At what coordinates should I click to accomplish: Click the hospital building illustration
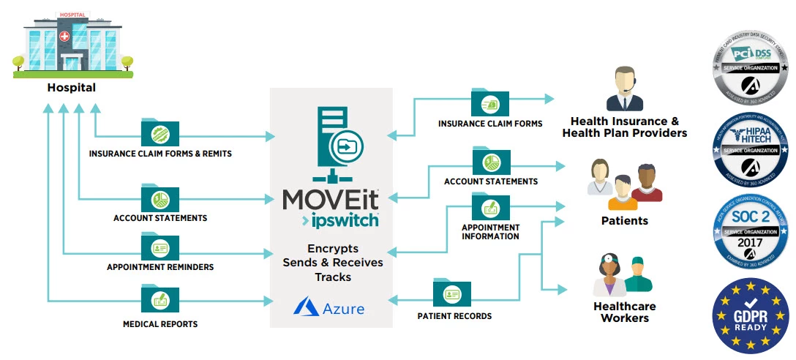pyautogui.click(x=72, y=44)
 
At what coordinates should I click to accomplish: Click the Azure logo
pyautogui.click(x=329, y=308)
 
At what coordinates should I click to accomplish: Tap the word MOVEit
pyautogui.click(x=331, y=199)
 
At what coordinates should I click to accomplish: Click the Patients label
pyautogui.click(x=624, y=220)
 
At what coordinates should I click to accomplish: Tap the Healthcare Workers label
pyautogui.click(x=624, y=312)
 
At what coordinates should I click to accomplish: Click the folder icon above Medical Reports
pyautogui.click(x=160, y=299)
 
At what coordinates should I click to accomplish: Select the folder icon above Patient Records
pyautogui.click(x=452, y=293)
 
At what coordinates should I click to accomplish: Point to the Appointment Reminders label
pyautogui.click(x=160, y=267)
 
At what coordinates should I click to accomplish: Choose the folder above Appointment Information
pyautogui.click(x=491, y=207)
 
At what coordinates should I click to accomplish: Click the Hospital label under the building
pyautogui.click(x=72, y=88)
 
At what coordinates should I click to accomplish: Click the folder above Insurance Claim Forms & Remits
pyautogui.click(x=160, y=133)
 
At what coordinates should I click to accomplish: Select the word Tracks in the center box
pyautogui.click(x=333, y=277)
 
